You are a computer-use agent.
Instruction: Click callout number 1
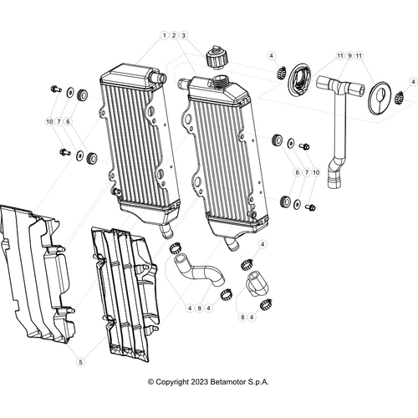pyautogui.click(x=165, y=35)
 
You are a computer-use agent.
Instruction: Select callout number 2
pyautogui.click(x=174, y=35)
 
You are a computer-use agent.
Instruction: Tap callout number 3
pyautogui.click(x=183, y=35)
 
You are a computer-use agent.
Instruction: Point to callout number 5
pyautogui.click(x=80, y=362)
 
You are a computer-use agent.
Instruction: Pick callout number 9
pyautogui.click(x=349, y=56)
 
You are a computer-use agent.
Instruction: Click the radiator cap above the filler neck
pyautogui.click(x=217, y=58)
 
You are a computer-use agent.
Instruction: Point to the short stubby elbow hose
pyautogui.click(x=257, y=283)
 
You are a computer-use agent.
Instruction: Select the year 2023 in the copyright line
pyautogui.click(x=199, y=382)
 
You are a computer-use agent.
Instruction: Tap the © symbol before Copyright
pyautogui.click(x=150, y=382)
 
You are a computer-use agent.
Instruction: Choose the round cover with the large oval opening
pyautogui.click(x=298, y=80)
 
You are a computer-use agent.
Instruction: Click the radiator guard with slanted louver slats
pyautogui.click(x=126, y=294)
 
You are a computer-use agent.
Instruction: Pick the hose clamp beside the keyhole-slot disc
pyautogui.click(x=400, y=97)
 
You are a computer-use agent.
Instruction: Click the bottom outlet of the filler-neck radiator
pyautogui.click(x=232, y=243)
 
